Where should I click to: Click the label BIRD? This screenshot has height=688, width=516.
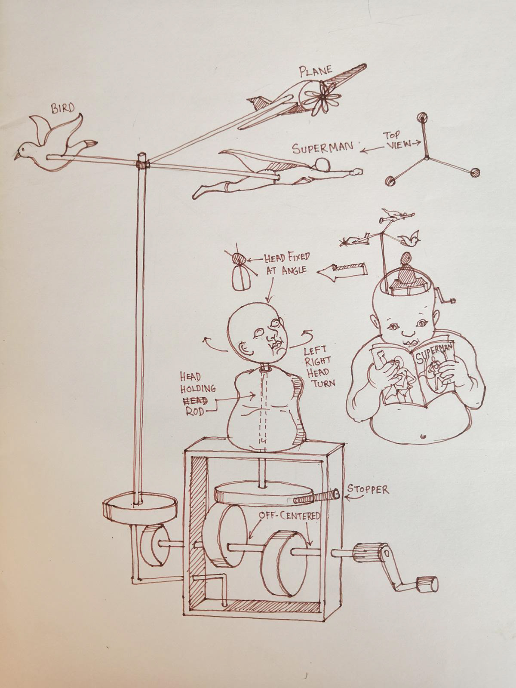(63, 108)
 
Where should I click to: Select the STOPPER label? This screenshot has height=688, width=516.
(368, 490)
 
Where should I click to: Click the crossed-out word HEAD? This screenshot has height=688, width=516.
(195, 400)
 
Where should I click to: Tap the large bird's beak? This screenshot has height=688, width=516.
(16, 156)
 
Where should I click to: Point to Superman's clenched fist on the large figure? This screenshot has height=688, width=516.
(356, 171)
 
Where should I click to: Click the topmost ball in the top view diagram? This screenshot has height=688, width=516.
(423, 117)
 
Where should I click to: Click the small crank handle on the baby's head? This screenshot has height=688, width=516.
(445, 298)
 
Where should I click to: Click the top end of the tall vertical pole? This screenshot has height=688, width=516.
(142, 154)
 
